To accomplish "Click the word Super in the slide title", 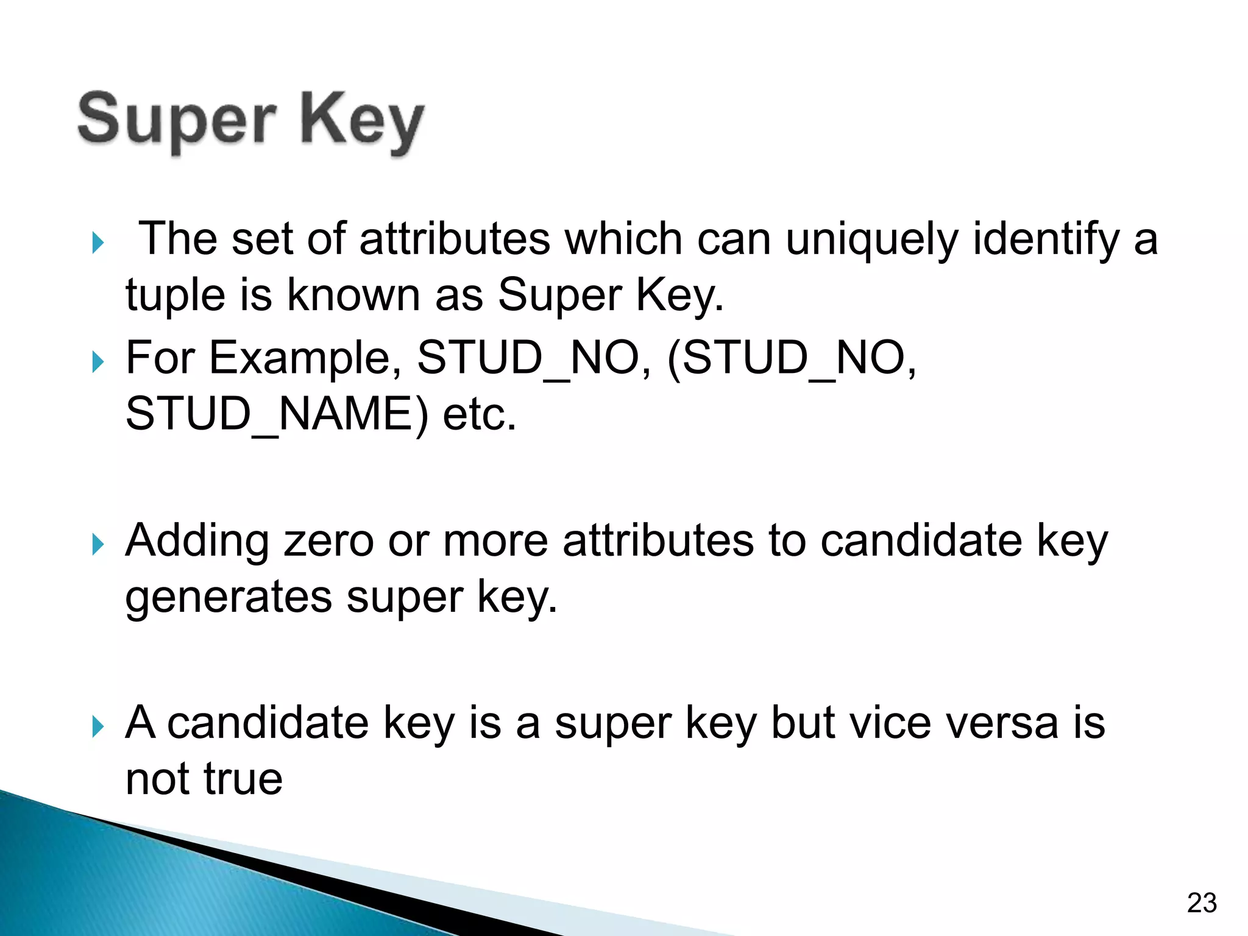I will [x=177, y=120].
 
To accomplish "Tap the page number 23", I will [x=1201, y=903].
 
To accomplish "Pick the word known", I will [x=353, y=295].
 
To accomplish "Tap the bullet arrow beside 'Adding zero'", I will [x=97, y=544].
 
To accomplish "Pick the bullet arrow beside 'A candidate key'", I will [x=97, y=726].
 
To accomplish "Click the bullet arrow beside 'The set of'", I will [x=97, y=243].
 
